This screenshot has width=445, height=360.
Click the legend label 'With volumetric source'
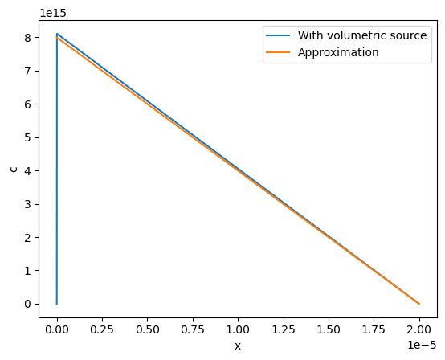pos(362,35)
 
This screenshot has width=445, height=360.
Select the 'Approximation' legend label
pos(338,52)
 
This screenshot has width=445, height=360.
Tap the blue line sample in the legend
pos(278,35)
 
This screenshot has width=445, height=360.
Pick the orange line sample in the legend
pos(278,52)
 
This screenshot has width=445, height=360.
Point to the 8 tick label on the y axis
pos(27,38)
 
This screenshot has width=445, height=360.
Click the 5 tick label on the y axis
pos(27,137)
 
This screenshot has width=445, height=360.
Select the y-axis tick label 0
pos(27,304)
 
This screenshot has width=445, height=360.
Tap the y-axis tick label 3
pos(27,204)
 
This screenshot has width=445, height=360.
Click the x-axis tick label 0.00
pos(57,329)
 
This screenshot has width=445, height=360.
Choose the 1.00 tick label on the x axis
pos(238,329)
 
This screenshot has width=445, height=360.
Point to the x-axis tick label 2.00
pos(419,329)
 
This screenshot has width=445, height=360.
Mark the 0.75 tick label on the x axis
pos(193,329)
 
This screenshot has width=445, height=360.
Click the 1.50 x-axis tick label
pos(329,329)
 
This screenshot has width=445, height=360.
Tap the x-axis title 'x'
pos(238,346)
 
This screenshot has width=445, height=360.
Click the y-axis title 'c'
pos(14,170)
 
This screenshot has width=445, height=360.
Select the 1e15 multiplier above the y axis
pos(53,13)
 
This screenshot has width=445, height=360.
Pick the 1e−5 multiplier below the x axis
pos(422,345)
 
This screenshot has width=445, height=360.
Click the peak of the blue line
pos(57,34)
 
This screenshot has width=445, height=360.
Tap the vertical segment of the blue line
pos(57,169)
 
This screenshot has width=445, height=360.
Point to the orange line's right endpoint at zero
pos(419,304)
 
